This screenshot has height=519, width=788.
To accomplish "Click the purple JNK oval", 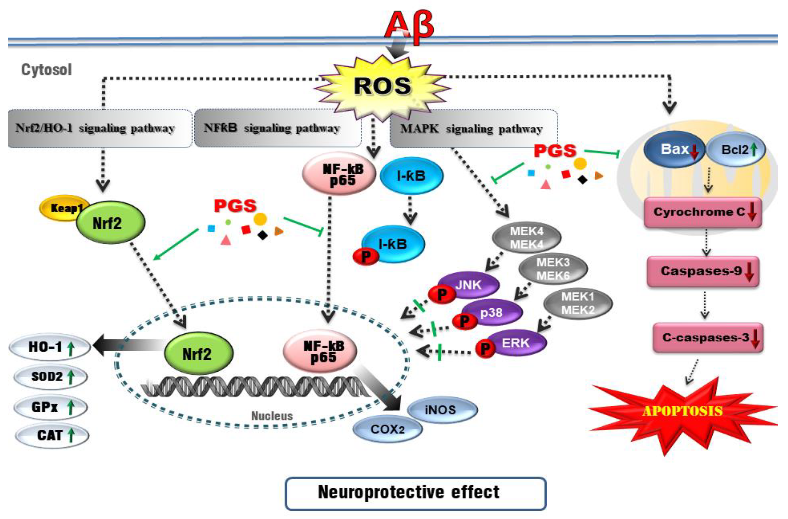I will pos(469,285).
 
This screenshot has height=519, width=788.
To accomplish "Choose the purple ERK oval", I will pos(516,343).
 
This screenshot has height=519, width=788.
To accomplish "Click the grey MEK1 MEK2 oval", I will pos(578,303).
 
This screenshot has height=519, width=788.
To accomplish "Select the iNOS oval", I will pos(442,410).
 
